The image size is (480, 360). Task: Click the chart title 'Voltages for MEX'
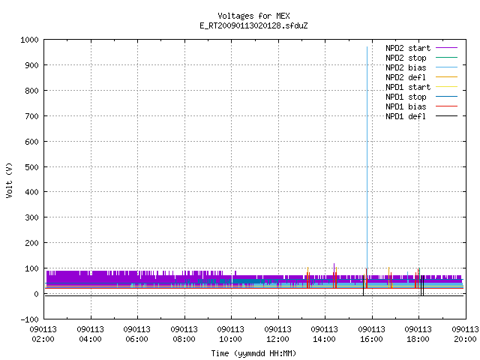[x=253, y=16]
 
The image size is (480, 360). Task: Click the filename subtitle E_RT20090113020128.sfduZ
[x=253, y=25]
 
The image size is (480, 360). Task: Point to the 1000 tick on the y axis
[x=29, y=40]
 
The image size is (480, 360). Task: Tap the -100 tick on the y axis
[x=29, y=319]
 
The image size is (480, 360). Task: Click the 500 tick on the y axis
[x=31, y=167]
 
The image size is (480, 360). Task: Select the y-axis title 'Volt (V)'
[x=9, y=180]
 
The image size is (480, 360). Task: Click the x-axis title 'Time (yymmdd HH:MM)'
[x=253, y=353]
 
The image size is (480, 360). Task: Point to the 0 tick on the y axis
[x=37, y=294]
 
